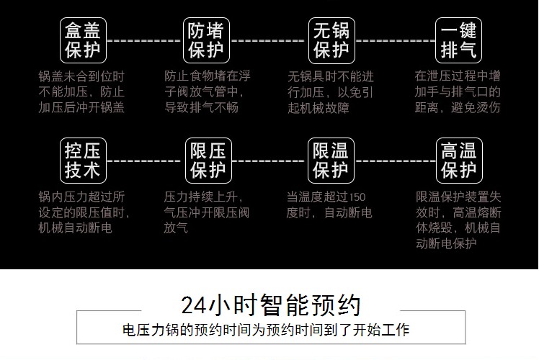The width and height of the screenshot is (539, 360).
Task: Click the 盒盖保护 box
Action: (83, 40)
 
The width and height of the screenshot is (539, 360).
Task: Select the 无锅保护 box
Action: (331, 40)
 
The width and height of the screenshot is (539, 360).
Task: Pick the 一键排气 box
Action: (458, 40)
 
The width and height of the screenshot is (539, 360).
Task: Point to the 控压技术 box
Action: (83, 161)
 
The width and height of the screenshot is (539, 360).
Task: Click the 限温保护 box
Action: (331, 161)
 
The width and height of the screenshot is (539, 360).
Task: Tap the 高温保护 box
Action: (458, 161)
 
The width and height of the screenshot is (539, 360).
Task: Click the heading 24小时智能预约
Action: (270, 305)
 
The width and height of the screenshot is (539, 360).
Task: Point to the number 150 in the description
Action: (356, 197)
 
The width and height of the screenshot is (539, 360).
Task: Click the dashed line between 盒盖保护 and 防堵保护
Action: (144, 41)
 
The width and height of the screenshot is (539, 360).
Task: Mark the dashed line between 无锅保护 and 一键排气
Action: (395, 41)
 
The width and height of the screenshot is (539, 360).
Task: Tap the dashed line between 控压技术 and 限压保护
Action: (144, 161)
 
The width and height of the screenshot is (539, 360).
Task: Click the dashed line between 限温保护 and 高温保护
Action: (395, 161)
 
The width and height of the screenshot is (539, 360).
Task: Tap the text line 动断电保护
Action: (446, 244)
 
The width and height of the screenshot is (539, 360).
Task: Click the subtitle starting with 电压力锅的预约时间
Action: (267, 330)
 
